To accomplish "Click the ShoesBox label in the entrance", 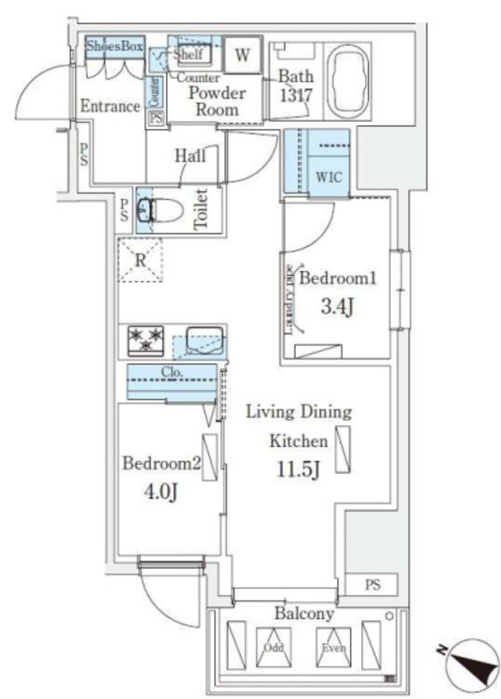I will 115,47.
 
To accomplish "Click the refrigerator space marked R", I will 141,260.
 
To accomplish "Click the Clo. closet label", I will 172,372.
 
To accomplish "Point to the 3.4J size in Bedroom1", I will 337,307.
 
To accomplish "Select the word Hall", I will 190,156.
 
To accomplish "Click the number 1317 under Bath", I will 295,95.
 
